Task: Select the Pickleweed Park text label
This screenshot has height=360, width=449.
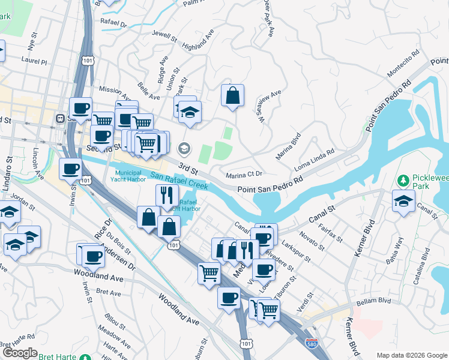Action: (x=427, y=184)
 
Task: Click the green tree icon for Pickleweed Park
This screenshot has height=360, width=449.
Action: (x=403, y=179)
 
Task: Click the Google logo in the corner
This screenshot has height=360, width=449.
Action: (x=20, y=353)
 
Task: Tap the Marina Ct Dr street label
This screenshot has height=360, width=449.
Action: (x=244, y=175)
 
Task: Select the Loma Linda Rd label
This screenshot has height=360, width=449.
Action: (x=315, y=161)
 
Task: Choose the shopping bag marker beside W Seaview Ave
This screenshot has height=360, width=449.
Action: (x=232, y=95)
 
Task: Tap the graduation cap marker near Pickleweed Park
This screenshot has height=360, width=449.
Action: (x=403, y=201)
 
